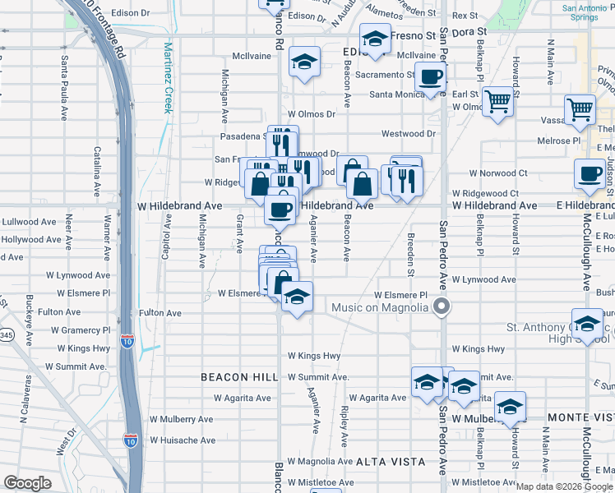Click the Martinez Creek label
click(168, 77)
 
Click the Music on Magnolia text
click(379, 308)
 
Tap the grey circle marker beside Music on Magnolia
click(442, 307)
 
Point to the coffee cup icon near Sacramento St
click(430, 78)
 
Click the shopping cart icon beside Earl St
click(497, 103)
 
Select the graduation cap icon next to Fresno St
click(375, 39)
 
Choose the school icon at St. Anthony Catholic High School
click(588, 324)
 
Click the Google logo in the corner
click(26, 483)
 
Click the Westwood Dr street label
click(408, 133)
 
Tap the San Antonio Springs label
click(588, 13)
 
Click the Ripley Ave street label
click(346, 432)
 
